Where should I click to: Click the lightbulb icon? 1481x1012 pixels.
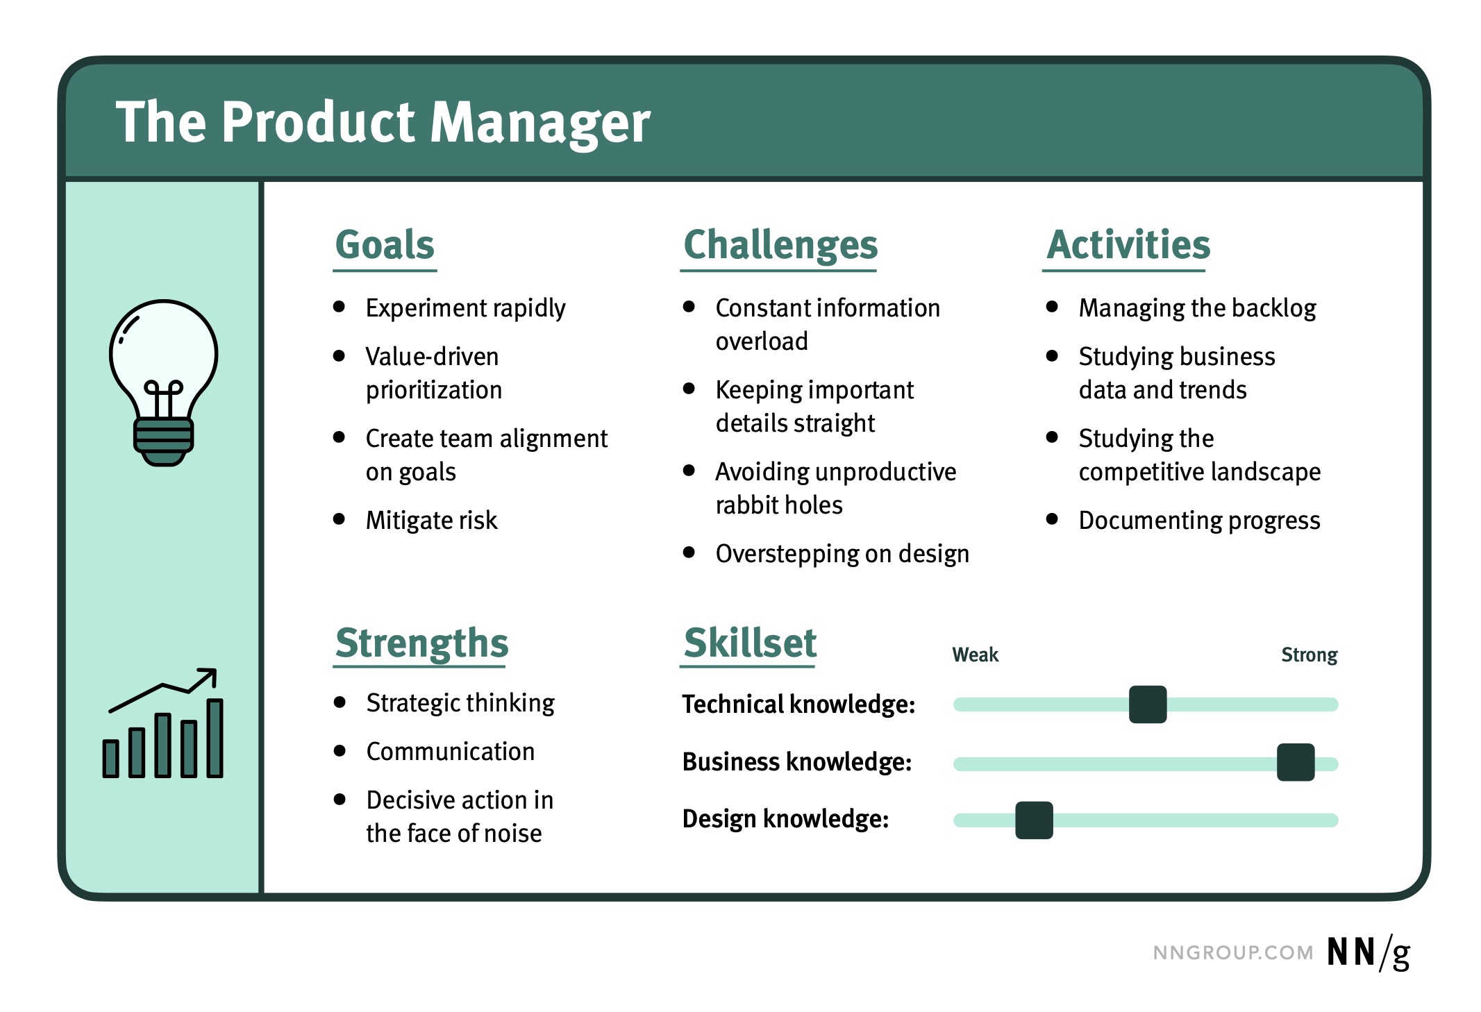163,382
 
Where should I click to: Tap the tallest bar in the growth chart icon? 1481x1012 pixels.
215,738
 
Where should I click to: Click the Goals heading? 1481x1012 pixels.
385,245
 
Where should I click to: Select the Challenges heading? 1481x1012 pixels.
780,245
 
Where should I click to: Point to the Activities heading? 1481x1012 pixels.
1128,245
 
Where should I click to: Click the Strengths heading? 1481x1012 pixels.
421,643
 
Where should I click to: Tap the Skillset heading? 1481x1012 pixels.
749,643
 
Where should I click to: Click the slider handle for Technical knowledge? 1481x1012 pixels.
1147,705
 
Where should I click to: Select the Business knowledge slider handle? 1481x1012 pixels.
1295,762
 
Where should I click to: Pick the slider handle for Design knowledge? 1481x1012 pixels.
1034,820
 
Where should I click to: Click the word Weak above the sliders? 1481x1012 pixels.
975,655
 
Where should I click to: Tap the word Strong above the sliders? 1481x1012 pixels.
1309,655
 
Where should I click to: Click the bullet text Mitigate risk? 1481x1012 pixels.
431,521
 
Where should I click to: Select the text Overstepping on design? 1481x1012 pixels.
842,554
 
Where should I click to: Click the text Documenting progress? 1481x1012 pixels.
1199,521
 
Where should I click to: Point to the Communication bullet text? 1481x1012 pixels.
451,752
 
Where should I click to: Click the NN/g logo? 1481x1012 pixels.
1368,952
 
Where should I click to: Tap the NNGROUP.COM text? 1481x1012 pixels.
1232,953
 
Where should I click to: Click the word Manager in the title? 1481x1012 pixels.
540,124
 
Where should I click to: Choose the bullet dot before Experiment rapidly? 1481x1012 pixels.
340,307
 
